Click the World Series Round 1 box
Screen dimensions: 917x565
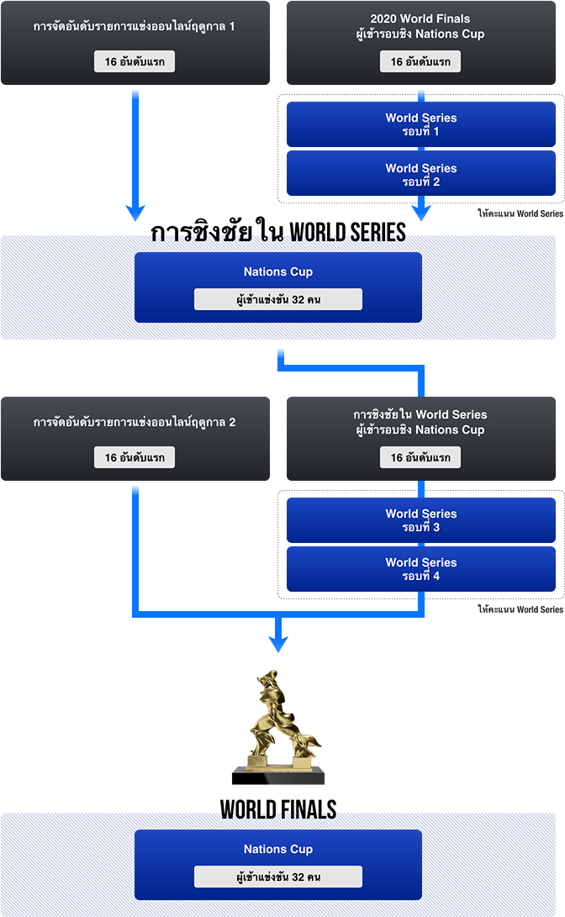[x=420, y=124]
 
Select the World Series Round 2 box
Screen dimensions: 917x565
[x=420, y=174]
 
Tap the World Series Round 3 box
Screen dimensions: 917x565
[x=420, y=520]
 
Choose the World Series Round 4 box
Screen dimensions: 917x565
[x=420, y=569]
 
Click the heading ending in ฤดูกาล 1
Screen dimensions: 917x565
[x=134, y=27]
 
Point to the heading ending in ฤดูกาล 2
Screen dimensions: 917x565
[x=134, y=422]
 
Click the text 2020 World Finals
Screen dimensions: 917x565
[x=420, y=18]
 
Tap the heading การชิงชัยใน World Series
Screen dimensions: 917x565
[x=420, y=414]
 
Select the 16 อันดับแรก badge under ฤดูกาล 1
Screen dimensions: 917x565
[x=135, y=62]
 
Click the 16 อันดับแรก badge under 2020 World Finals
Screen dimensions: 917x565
[x=420, y=62]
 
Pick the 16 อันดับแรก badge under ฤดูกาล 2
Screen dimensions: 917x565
[x=135, y=458]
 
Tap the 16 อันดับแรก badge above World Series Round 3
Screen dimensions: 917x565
[x=420, y=458]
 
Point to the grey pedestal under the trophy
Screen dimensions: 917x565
[x=277, y=777]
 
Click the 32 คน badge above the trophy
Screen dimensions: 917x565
[x=278, y=299]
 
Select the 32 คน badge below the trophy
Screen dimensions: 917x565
[x=278, y=877]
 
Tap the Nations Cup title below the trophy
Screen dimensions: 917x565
[x=278, y=849]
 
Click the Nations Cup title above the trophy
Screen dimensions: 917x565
[x=278, y=271]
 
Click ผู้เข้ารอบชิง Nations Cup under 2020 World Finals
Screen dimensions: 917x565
[x=420, y=34]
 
